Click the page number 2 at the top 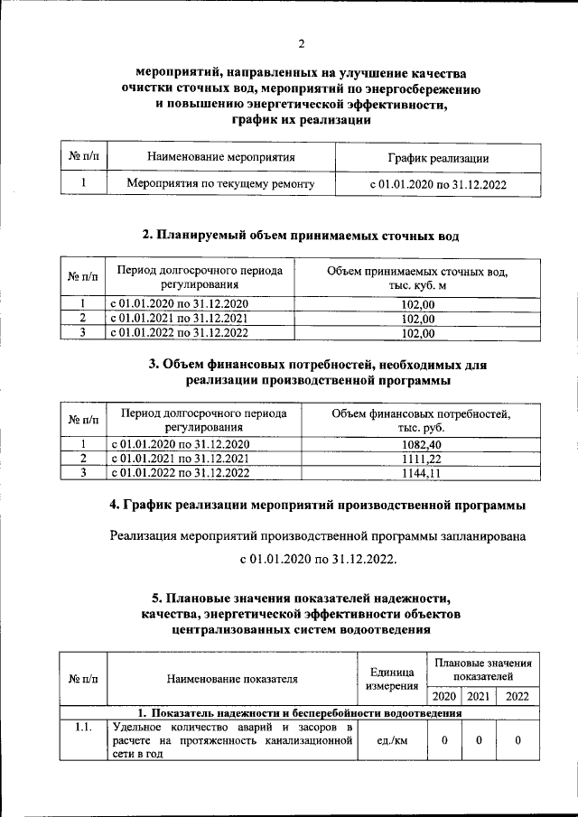tap(302, 42)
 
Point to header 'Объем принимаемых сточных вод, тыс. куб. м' tap(417, 278)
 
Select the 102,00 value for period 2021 tap(417, 319)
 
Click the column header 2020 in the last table tap(443, 696)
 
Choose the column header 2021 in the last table tap(479, 696)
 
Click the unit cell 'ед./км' tap(392, 741)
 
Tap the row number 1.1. tap(83, 727)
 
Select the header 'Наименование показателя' tap(231, 679)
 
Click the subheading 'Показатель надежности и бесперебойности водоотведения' tap(299, 712)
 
